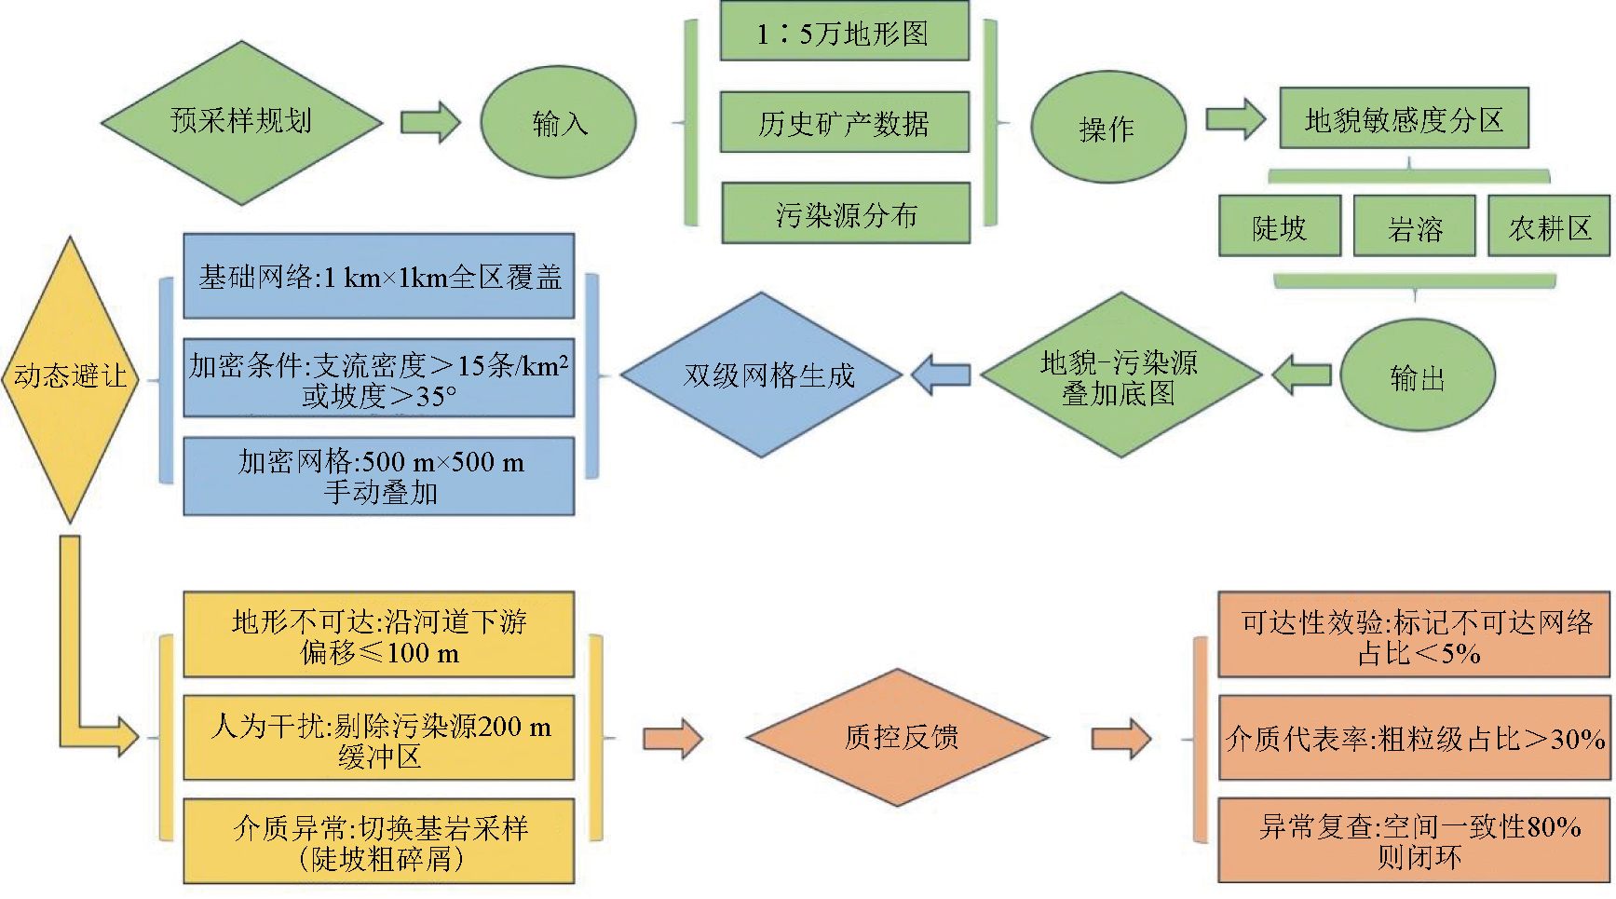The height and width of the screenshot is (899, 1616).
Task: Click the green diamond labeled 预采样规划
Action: pyautogui.click(x=241, y=122)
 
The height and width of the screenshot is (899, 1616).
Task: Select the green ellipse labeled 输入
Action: pyautogui.click(x=558, y=122)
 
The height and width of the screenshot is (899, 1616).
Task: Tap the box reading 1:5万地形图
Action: pyautogui.click(x=844, y=34)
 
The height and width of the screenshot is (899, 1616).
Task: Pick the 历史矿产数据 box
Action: pyautogui.click(x=844, y=123)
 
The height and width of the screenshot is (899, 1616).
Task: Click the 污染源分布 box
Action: pyautogui.click(x=846, y=214)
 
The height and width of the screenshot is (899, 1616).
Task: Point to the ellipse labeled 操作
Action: pyautogui.click(x=1107, y=128)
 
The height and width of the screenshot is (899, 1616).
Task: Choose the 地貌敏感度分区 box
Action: pyautogui.click(x=1404, y=119)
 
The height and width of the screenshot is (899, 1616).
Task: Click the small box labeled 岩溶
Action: pyautogui.click(x=1414, y=226)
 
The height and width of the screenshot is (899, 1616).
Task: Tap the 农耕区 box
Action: pyautogui.click(x=1549, y=226)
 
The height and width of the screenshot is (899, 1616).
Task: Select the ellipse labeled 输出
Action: pyautogui.click(x=1417, y=376)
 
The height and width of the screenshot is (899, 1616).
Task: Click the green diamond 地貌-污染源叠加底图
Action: pyautogui.click(x=1120, y=376)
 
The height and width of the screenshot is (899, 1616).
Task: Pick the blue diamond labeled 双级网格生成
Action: pyautogui.click(x=762, y=375)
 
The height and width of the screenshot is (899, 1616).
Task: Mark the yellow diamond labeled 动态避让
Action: pyautogui.click(x=71, y=376)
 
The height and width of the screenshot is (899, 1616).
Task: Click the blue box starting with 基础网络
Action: pyautogui.click(x=379, y=277)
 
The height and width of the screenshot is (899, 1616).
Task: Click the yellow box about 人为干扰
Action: pyautogui.click(x=379, y=738)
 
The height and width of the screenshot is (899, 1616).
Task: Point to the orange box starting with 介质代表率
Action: pyautogui.click(x=1414, y=738)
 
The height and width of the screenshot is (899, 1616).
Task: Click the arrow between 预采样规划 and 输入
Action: pyautogui.click(x=430, y=122)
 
